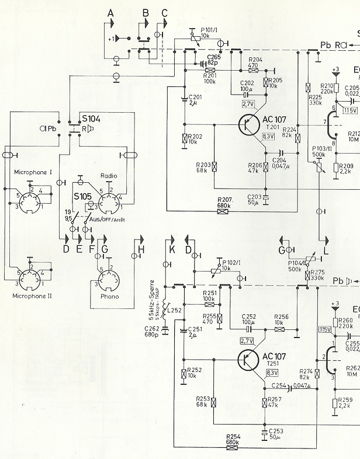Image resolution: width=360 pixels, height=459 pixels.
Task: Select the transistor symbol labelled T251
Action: click(x=250, y=360)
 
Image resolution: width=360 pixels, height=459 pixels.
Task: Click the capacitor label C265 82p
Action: click(x=213, y=58)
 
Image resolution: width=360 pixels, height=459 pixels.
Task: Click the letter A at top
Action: click(x=110, y=13)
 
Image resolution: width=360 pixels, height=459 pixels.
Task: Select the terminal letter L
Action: click(x=326, y=251)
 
